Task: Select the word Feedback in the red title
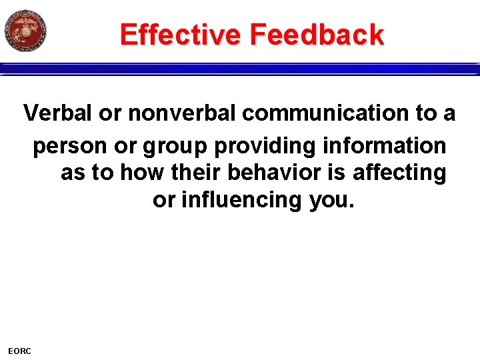(x=319, y=34)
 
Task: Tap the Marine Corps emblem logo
(x=25, y=31)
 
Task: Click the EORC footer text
(x=19, y=351)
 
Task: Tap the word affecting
(x=399, y=172)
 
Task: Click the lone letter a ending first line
(x=449, y=114)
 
